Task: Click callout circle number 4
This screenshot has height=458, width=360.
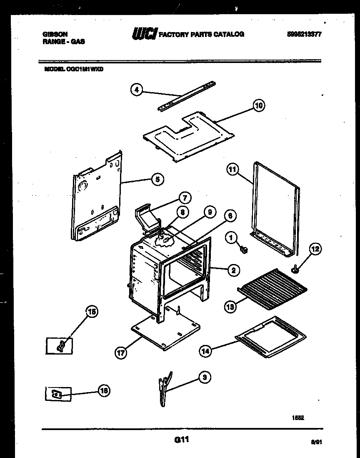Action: [136, 89]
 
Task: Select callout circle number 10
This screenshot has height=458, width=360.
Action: [259, 106]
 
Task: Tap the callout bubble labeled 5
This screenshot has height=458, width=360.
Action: [157, 180]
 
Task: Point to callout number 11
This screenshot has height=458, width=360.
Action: [232, 169]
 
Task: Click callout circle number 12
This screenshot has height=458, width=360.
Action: [315, 249]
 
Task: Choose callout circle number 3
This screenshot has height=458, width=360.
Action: [204, 378]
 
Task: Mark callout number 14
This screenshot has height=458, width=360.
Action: [205, 351]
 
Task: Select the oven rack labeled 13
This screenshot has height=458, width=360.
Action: [273, 294]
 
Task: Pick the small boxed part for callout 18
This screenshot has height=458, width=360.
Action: [58, 394]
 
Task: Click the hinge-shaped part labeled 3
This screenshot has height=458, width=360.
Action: [164, 390]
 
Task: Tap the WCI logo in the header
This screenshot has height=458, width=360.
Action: [144, 35]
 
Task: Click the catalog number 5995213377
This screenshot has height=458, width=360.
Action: [304, 35]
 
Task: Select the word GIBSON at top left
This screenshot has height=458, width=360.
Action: [55, 35]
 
